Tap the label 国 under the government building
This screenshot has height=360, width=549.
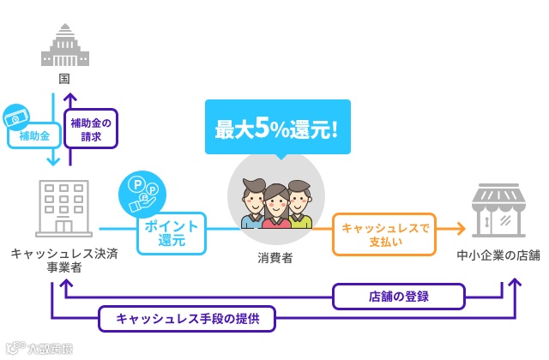[x=64, y=79]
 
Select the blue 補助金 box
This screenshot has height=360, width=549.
[x=34, y=135]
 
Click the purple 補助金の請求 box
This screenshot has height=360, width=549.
[x=91, y=129]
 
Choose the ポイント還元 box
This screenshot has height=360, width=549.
[x=172, y=233]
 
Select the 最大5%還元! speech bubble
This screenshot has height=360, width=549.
[x=277, y=129]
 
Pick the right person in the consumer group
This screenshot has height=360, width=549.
[x=299, y=206]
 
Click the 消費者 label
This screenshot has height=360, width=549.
[x=275, y=257]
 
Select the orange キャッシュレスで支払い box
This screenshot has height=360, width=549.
[x=384, y=234]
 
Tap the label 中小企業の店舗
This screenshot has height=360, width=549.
[x=498, y=255]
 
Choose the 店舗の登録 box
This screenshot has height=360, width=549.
[x=399, y=297]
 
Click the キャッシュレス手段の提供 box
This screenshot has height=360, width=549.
[x=187, y=319]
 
